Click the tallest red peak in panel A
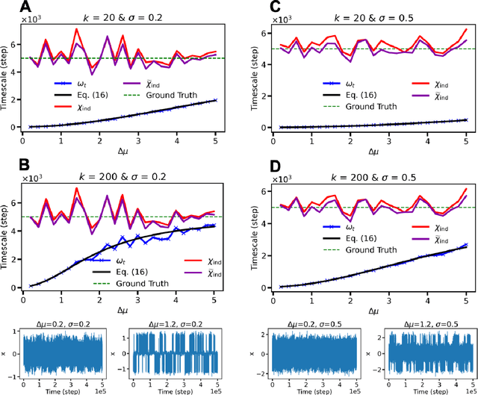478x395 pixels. [76, 30]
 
